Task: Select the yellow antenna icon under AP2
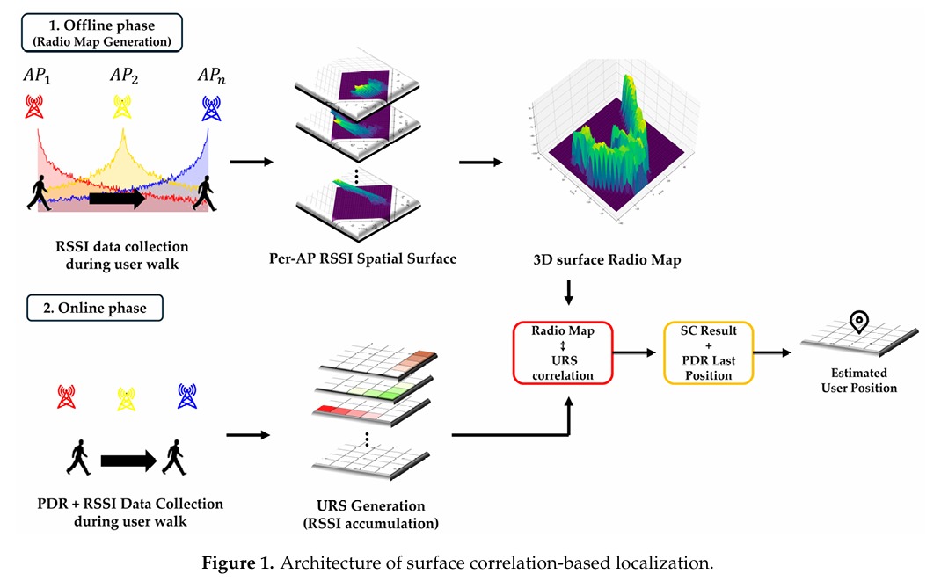click(x=124, y=107)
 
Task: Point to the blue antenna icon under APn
click(x=210, y=107)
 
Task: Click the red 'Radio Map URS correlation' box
click(x=563, y=352)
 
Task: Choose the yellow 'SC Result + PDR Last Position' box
click(x=708, y=352)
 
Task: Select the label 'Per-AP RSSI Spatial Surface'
click(x=364, y=261)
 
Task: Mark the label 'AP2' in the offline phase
click(x=124, y=76)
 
